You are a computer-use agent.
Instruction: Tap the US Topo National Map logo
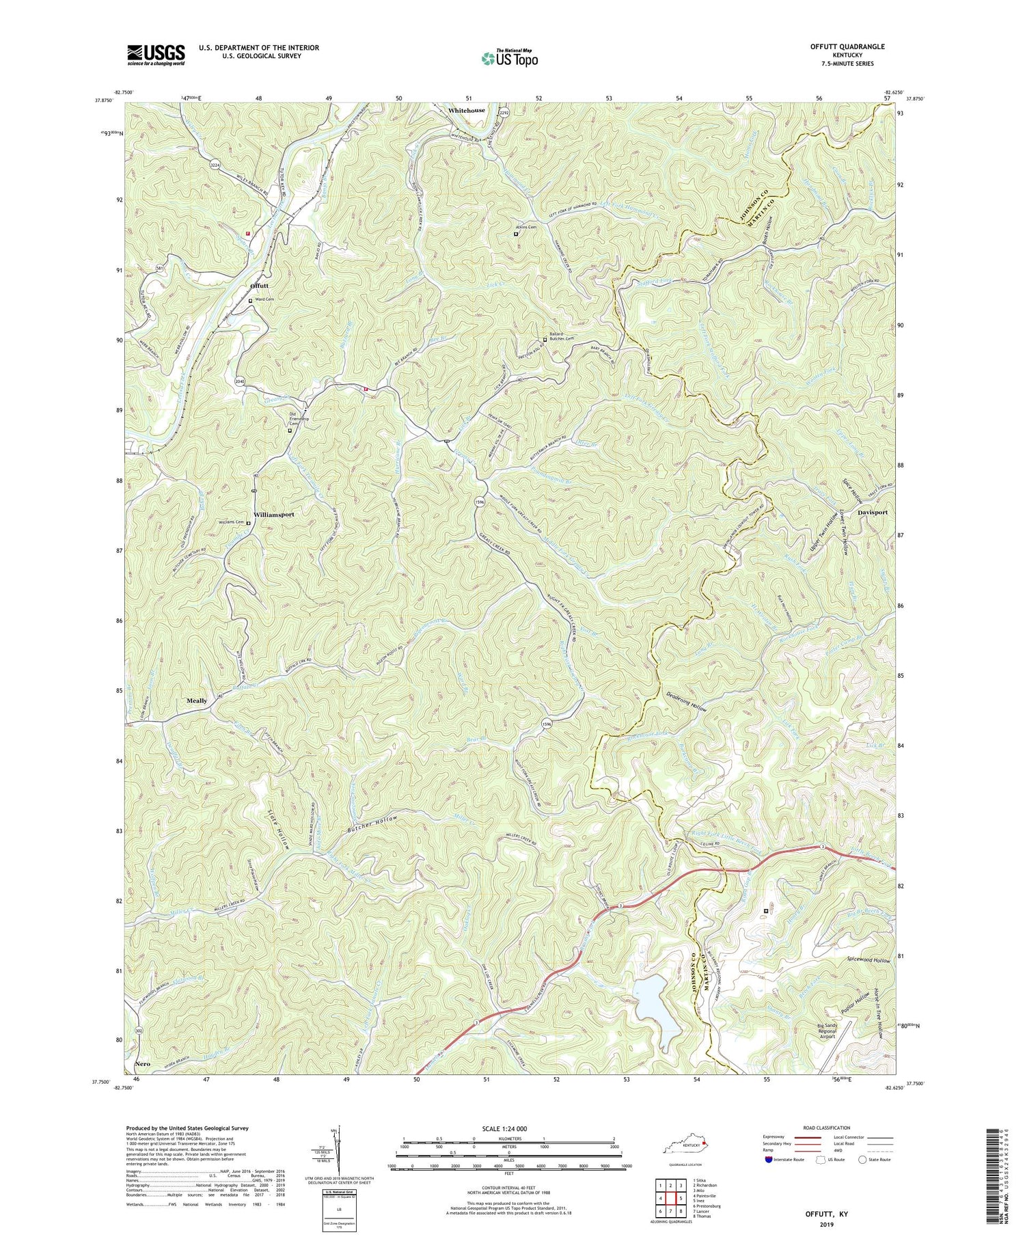point(510,58)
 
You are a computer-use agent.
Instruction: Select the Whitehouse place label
point(467,110)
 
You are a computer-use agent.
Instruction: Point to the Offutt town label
point(260,285)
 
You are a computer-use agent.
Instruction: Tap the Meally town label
point(197,700)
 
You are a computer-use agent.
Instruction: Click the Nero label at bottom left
point(142,1065)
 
